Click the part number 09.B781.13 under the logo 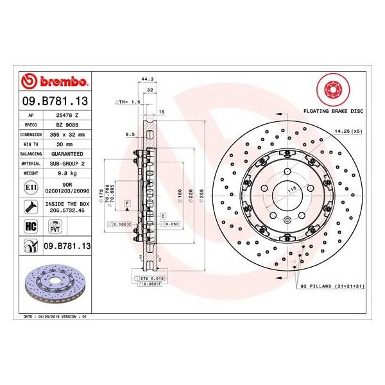click(55, 101)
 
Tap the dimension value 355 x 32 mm click(67, 135)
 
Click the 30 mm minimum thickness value click(67, 145)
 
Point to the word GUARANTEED click(67, 155)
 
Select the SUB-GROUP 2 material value click(67, 164)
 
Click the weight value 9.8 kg click(67, 174)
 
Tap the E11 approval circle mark click(30, 187)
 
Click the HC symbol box click(30, 226)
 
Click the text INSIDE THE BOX click(67, 203)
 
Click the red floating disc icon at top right click(332, 90)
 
